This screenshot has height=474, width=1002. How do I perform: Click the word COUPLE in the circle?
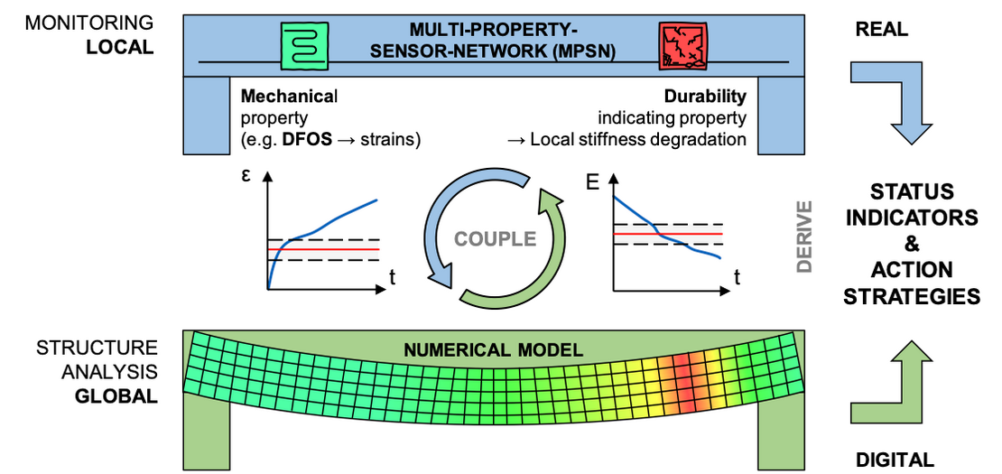pos(496,239)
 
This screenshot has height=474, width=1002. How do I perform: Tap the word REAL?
pos(882,30)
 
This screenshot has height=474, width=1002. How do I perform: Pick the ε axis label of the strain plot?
pos(246,178)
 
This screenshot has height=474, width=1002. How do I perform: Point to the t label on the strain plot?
pos(391,277)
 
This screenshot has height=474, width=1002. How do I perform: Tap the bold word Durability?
pos(705,96)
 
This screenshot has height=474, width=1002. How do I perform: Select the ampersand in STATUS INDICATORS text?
pos(910,244)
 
